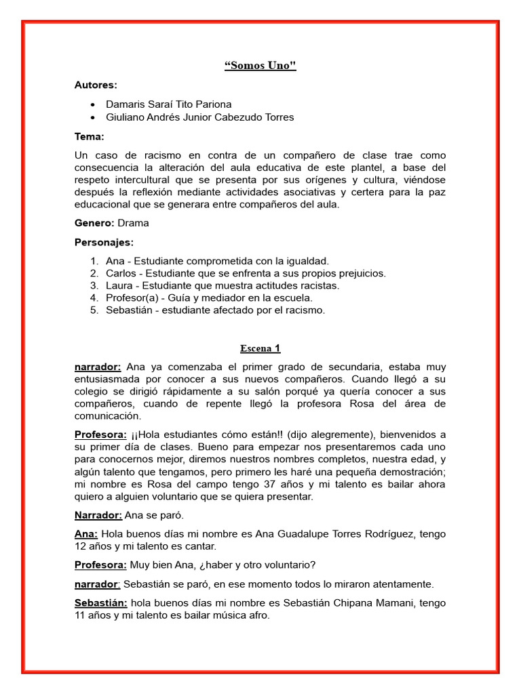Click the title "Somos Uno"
[x=260, y=66]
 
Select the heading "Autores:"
[x=96, y=85]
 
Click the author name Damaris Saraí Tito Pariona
[x=169, y=104]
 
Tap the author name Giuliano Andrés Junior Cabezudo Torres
[x=200, y=117]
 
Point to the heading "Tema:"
[x=90, y=136]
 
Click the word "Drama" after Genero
[x=134, y=223]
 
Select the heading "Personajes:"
[x=104, y=242]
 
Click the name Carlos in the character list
[x=121, y=273]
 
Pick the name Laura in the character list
[x=119, y=285]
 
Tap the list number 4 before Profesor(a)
[x=94, y=298]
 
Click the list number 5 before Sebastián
[x=94, y=310]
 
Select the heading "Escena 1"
[x=260, y=348]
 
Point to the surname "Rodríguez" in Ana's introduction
[x=387, y=534]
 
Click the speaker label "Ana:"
[x=86, y=534]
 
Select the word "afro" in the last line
[x=259, y=615]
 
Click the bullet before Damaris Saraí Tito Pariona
[x=92, y=105]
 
